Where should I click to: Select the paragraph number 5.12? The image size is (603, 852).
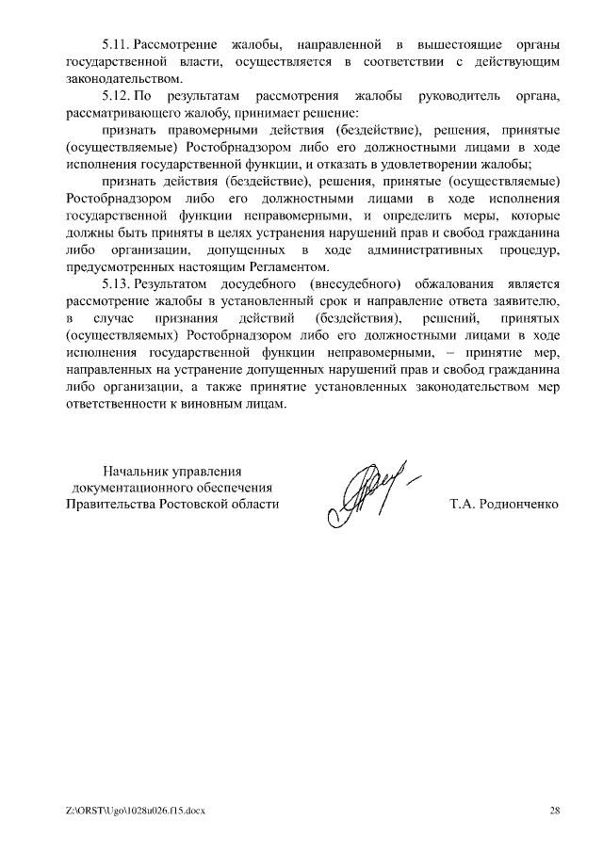tap(115, 96)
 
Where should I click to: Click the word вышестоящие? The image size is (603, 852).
tap(445, 44)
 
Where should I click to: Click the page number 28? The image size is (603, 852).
tap(554, 810)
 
